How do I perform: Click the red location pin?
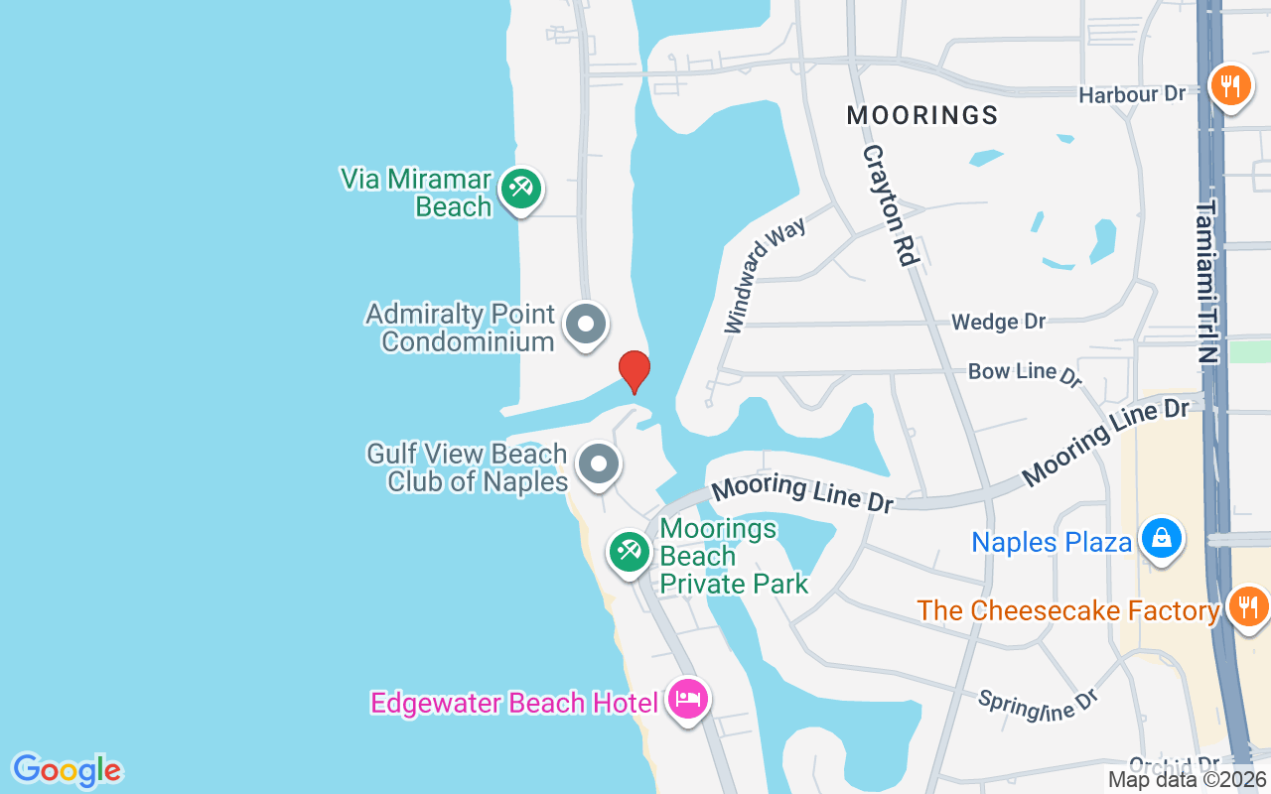(x=635, y=372)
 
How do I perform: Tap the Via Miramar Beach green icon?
(x=519, y=188)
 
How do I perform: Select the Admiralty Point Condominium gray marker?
(x=586, y=325)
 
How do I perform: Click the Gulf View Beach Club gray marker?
(x=598, y=463)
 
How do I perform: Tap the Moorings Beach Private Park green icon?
(x=629, y=551)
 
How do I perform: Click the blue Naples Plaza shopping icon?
(x=1159, y=539)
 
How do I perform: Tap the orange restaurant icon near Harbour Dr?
(x=1230, y=84)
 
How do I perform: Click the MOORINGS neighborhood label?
(x=922, y=115)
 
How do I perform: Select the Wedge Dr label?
(x=998, y=322)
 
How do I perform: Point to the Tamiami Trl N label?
(x=1207, y=282)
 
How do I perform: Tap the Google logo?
(x=67, y=770)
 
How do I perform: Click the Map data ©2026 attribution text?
(x=1187, y=780)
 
